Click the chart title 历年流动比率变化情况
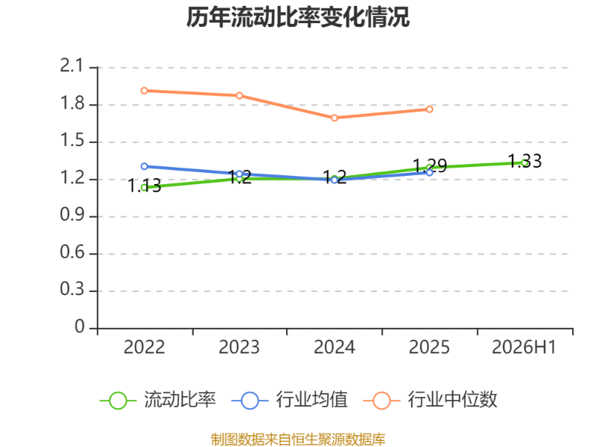tap(298, 17)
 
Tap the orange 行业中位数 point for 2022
tap(145, 90)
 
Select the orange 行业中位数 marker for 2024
tap(335, 118)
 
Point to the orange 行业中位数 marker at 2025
tap(430, 109)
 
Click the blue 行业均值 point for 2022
tap(145, 166)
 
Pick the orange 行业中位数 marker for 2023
tap(239, 95)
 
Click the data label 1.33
tap(525, 161)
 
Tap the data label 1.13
tap(145, 186)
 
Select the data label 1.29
tap(430, 165)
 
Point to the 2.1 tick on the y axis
tap(72, 66)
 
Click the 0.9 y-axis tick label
tap(72, 215)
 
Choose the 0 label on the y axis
tap(80, 326)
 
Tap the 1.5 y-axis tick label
tap(72, 140)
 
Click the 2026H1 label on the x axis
tap(524, 347)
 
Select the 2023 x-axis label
tap(239, 347)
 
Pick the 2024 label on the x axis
tap(335, 347)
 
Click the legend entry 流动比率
tap(158, 400)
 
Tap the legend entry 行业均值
tap(290, 400)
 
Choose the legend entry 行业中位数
tap(431, 400)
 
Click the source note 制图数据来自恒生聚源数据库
tap(298, 440)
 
